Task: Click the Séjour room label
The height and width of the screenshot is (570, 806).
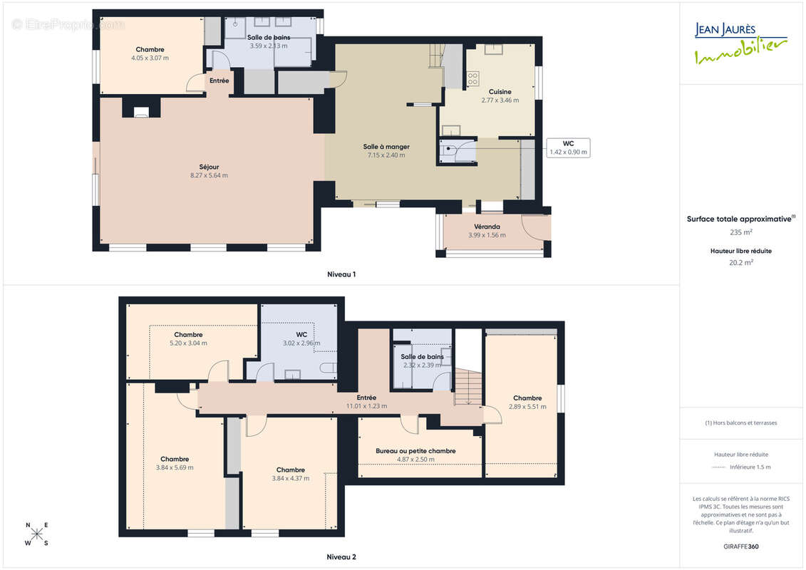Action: coord(210,167)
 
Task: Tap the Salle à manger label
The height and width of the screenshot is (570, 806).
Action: coord(386,147)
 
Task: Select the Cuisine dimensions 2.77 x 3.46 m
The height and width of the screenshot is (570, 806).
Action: coord(500,100)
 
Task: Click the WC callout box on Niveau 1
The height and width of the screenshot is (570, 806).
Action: coord(568,147)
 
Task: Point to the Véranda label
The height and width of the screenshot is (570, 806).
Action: coord(487,227)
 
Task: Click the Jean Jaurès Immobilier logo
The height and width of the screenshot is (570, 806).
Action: coord(740,43)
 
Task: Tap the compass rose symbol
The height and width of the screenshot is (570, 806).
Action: coord(37,534)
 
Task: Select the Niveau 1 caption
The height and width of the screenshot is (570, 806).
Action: coord(341,274)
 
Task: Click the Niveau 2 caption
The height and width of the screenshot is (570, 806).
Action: coord(341,556)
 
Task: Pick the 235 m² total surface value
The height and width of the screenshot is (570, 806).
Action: coord(740,232)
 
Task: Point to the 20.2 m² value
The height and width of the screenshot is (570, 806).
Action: coord(740,263)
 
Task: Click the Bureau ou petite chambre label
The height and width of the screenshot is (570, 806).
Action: coord(415,451)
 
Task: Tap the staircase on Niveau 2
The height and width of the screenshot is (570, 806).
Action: coord(468,386)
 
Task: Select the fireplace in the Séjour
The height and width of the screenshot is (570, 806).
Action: coord(141,113)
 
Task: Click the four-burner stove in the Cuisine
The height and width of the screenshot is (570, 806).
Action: coord(473,78)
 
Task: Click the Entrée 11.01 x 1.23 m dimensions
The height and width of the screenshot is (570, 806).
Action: coord(366,406)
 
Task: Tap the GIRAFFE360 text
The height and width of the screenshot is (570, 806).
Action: coord(740,546)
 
